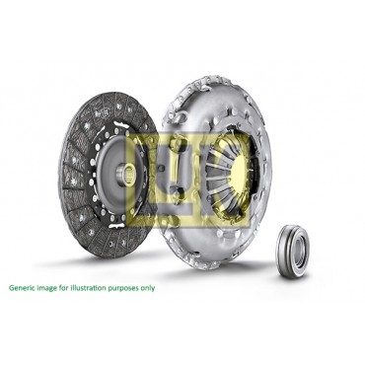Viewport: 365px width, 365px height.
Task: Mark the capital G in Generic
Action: click(11, 289)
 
